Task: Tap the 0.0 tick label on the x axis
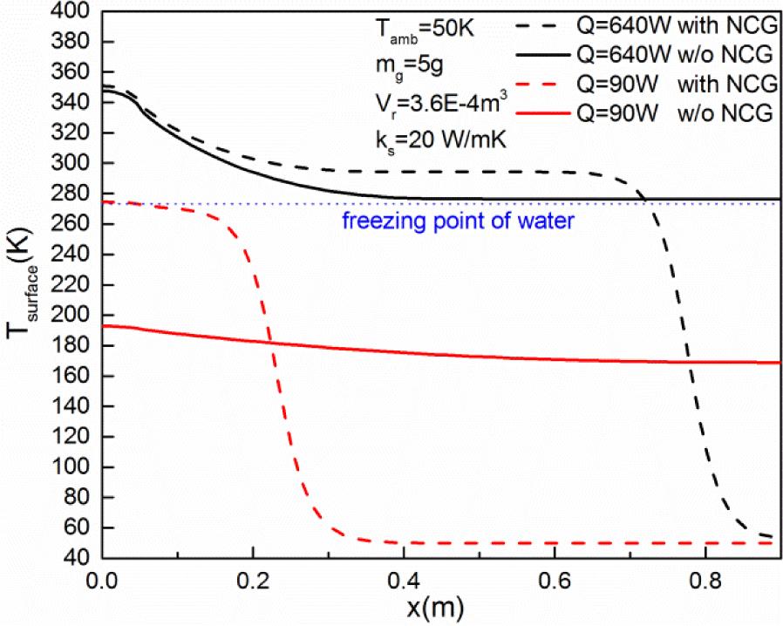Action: (102, 578)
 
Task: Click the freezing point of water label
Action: (458, 221)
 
